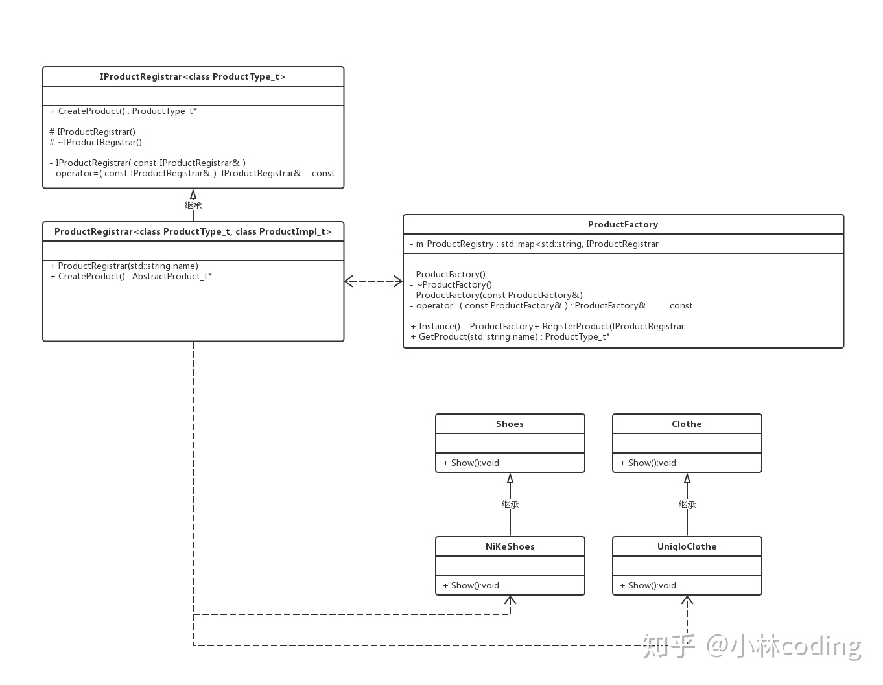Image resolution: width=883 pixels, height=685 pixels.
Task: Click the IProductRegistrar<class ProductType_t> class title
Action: [193, 76]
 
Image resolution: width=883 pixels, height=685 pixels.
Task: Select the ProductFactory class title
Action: [622, 224]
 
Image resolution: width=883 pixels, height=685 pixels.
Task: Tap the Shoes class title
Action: [510, 424]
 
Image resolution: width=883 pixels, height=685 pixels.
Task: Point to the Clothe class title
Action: [687, 424]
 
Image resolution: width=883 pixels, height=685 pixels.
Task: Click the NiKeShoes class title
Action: [510, 546]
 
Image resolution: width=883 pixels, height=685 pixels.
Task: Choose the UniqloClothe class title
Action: [687, 546]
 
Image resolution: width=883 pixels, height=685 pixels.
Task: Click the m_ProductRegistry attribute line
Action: [534, 244]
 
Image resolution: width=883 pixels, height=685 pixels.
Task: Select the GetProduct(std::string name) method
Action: [510, 336]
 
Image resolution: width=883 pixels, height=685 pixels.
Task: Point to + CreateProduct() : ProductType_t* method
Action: [123, 111]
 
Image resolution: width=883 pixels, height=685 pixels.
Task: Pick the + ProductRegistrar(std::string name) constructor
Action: [124, 266]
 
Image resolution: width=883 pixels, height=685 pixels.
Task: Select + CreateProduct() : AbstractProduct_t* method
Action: [131, 276]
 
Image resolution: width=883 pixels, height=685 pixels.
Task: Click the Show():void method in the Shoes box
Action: [471, 463]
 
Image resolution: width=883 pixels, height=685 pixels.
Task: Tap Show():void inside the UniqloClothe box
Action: [648, 585]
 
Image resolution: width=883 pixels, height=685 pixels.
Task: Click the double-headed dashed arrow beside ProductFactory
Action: [373, 281]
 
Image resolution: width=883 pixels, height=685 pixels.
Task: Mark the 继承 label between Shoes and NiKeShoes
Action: [510, 504]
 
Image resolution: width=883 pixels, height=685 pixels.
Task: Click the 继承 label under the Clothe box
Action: [687, 504]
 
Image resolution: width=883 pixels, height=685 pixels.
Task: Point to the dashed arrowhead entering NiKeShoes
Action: [510, 600]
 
